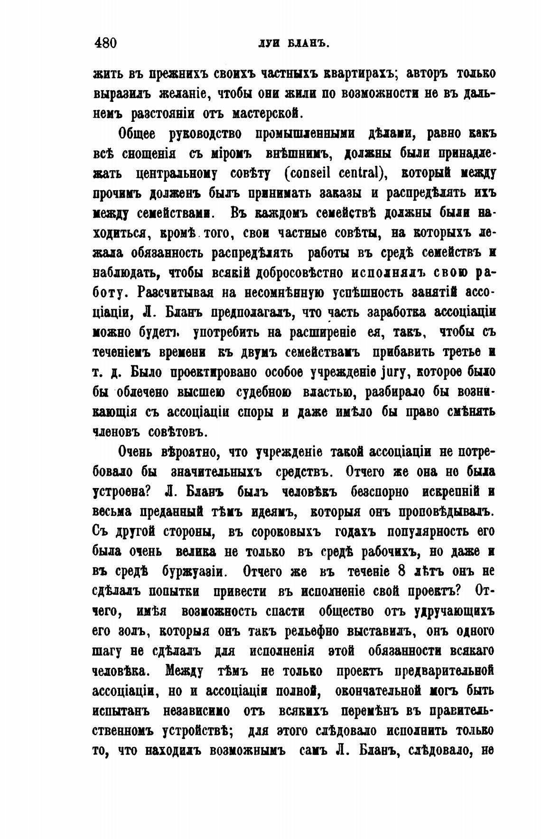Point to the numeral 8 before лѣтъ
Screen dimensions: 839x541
pos(402,572)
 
